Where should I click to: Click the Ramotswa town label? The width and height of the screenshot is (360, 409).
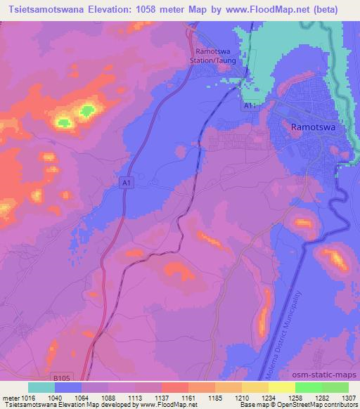click(x=311, y=127)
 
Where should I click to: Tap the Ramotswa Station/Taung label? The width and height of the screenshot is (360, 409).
click(x=220, y=56)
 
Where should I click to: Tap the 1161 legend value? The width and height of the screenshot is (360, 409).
click(x=188, y=396)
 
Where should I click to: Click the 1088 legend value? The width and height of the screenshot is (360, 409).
click(x=108, y=396)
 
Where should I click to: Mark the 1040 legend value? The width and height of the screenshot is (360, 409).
click(x=56, y=396)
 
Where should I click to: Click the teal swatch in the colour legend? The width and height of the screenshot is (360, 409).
click(x=41, y=387)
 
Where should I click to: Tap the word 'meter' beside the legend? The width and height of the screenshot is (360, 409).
click(x=10, y=396)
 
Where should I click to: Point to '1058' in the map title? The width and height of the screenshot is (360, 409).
click(x=176, y=9)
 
